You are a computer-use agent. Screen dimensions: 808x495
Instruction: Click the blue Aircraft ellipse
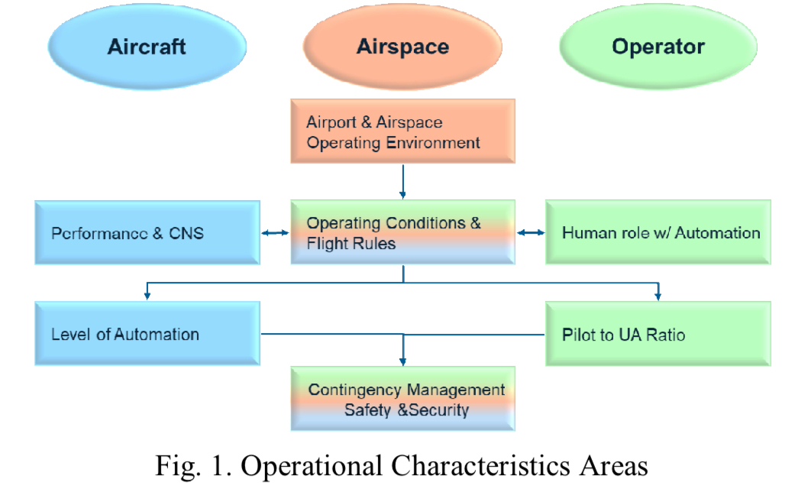(x=147, y=47)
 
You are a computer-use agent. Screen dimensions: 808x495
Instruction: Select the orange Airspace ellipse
(x=402, y=47)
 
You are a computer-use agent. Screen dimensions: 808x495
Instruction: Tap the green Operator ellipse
(x=658, y=47)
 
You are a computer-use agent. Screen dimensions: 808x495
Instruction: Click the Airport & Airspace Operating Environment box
(x=403, y=131)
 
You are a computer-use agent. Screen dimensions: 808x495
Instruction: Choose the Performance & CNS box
(x=147, y=232)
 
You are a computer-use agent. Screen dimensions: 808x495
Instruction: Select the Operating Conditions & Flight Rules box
(x=403, y=232)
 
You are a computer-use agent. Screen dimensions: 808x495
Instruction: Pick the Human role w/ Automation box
(x=658, y=232)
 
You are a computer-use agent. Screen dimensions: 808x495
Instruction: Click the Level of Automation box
(x=147, y=334)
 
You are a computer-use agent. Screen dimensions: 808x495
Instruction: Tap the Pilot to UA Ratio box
(x=658, y=334)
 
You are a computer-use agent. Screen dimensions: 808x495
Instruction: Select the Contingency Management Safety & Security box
(x=403, y=399)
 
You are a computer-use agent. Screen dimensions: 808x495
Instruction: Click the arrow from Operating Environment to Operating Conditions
(x=403, y=182)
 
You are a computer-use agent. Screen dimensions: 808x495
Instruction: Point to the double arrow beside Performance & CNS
(x=275, y=233)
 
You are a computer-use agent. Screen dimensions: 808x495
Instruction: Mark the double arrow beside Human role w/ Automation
(x=531, y=232)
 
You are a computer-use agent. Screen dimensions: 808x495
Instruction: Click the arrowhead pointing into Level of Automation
(x=147, y=296)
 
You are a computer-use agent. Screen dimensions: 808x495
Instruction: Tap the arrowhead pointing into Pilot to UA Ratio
(x=658, y=296)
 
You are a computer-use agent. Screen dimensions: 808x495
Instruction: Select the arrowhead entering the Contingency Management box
(x=403, y=361)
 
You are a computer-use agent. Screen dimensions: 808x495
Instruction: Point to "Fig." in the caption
(x=177, y=467)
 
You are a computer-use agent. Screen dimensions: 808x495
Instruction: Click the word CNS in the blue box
(x=186, y=234)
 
